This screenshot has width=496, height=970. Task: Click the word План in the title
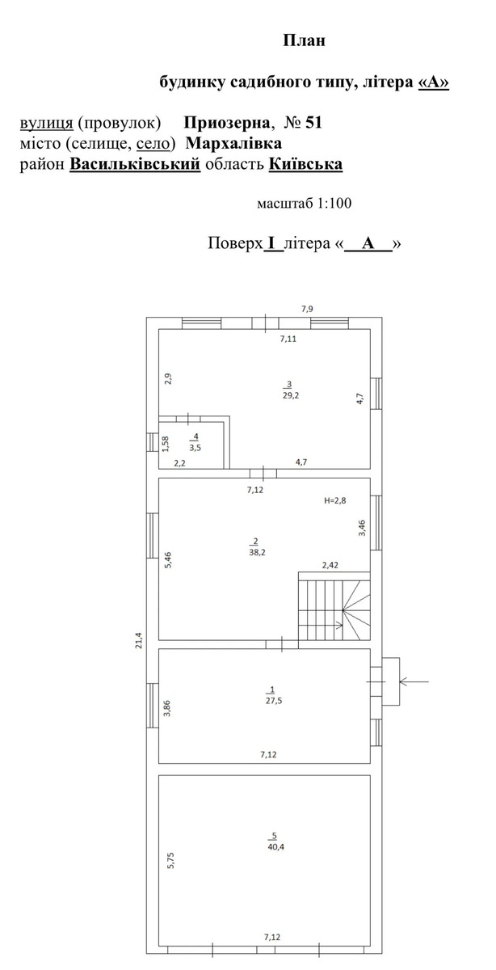pyautogui.click(x=304, y=40)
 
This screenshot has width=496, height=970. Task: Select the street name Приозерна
pyautogui.click(x=227, y=123)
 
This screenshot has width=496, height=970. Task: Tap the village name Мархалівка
pyautogui.click(x=233, y=143)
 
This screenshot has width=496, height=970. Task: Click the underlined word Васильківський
pyautogui.click(x=135, y=164)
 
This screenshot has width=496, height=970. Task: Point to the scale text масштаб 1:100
pyautogui.click(x=305, y=203)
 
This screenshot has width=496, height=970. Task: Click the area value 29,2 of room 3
pyautogui.click(x=291, y=395)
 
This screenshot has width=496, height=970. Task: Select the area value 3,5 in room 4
pyautogui.click(x=195, y=448)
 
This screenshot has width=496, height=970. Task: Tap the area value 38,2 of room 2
pyautogui.click(x=257, y=553)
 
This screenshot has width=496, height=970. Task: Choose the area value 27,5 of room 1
pyautogui.click(x=274, y=701)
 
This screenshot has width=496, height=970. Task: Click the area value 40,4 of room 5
pyautogui.click(x=275, y=847)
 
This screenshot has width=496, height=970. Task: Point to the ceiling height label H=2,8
pyautogui.click(x=335, y=501)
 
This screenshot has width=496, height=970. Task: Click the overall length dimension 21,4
pyautogui.click(x=138, y=640)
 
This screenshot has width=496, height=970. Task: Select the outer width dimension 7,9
pyautogui.click(x=307, y=309)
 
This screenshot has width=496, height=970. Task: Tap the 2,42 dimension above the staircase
pyautogui.click(x=330, y=565)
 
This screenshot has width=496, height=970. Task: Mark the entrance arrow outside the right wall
pyautogui.click(x=414, y=681)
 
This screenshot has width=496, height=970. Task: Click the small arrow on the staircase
pyautogui.click(x=338, y=624)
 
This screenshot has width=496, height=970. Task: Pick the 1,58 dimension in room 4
pyautogui.click(x=165, y=444)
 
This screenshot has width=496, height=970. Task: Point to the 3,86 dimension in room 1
pyautogui.click(x=167, y=708)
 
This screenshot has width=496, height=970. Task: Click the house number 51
pyautogui.click(x=313, y=123)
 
